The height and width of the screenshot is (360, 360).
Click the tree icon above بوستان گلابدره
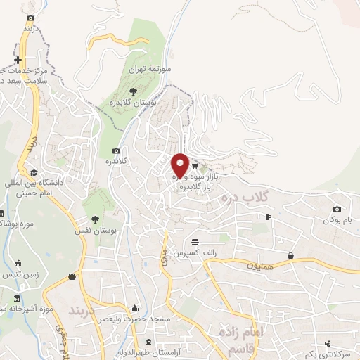[134, 90]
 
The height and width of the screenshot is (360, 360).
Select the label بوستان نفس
[96, 230]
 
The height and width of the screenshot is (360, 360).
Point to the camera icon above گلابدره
[116, 150]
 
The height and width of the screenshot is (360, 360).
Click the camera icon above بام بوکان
[337, 209]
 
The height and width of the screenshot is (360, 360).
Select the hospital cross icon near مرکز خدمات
[18, 60]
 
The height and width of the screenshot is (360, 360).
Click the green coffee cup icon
[267, 218]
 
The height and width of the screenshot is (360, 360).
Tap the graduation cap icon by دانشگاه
[33, 172]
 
